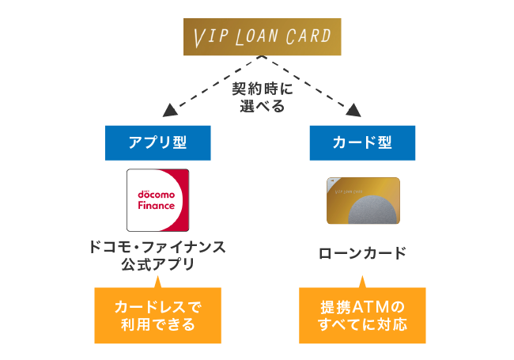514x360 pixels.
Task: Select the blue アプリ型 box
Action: [158, 142]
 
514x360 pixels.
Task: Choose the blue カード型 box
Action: [361, 142]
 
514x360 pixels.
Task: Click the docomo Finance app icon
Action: [158, 200]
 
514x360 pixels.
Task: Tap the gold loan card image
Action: [363, 201]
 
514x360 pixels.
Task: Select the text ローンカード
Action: [361, 254]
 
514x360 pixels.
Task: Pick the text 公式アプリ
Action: [158, 265]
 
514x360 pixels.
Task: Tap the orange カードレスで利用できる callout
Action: [158, 315]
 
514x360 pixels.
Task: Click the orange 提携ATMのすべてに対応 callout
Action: [361, 315]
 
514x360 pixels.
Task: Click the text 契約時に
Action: [256, 89]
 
